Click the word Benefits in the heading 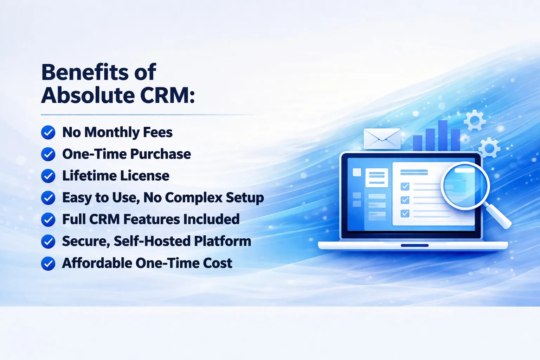click(x=85, y=72)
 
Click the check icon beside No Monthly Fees click(x=48, y=133)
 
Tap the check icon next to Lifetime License click(x=48, y=176)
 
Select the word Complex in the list click(x=194, y=198)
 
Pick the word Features click(x=152, y=219)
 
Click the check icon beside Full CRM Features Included click(x=48, y=219)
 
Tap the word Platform click(x=223, y=241)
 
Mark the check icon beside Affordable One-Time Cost click(x=48, y=263)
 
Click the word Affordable click(x=97, y=263)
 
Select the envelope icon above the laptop click(x=382, y=139)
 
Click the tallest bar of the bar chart click(x=443, y=135)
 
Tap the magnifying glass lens click(x=465, y=186)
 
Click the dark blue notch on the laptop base click(x=414, y=245)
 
